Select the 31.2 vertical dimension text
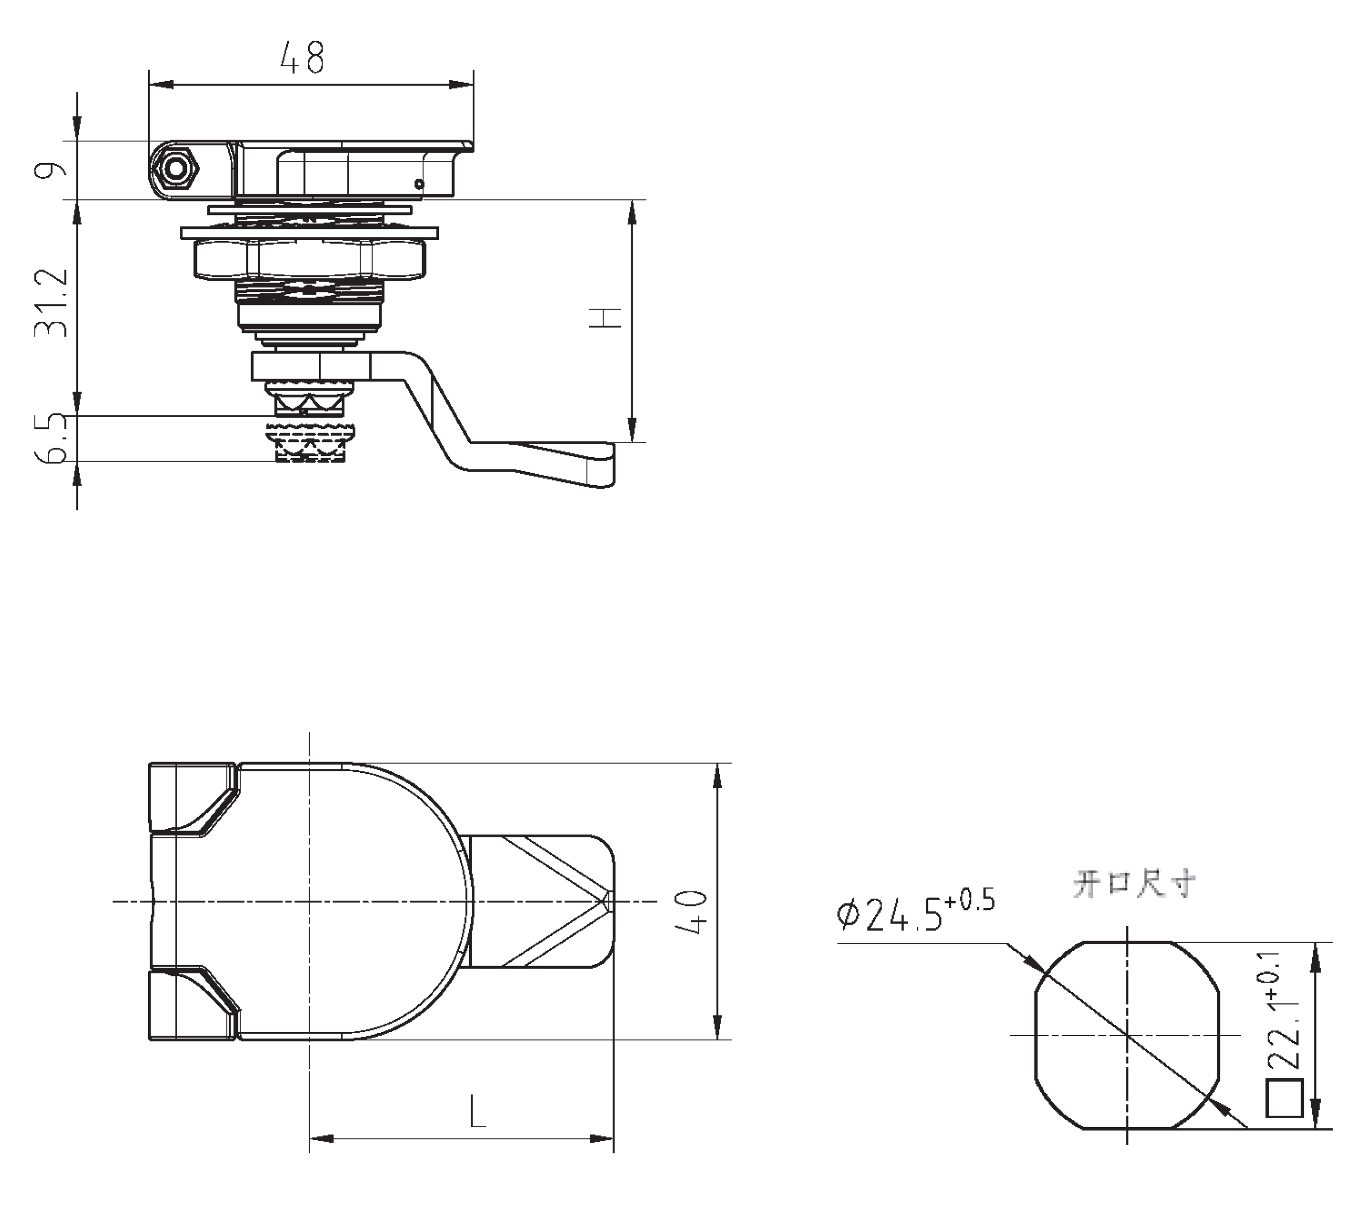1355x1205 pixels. pos(52,303)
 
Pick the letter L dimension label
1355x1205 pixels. pos(477,1112)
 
